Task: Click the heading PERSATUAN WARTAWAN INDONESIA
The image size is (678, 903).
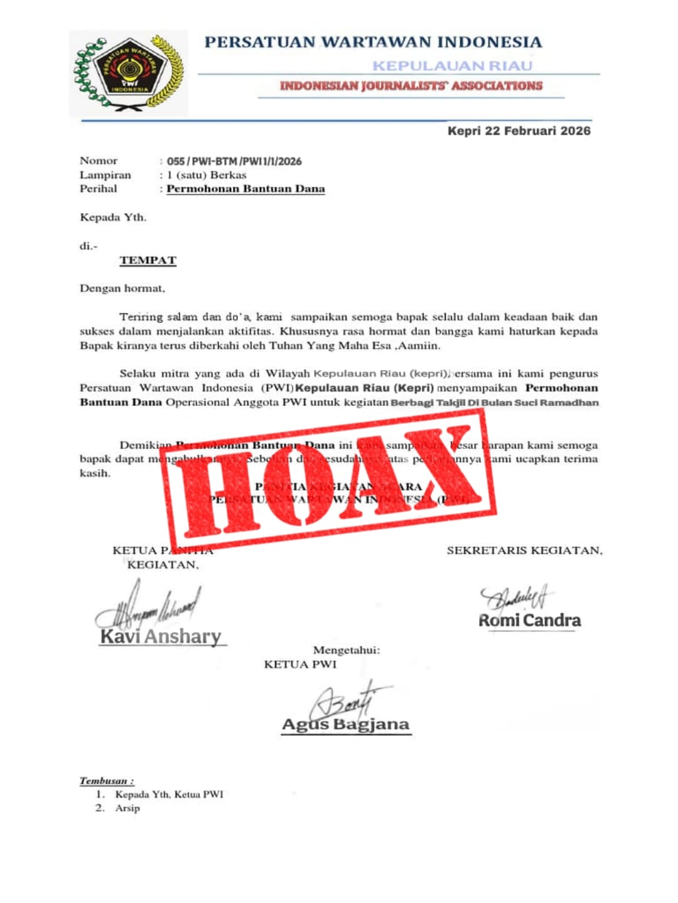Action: pyautogui.click(x=373, y=43)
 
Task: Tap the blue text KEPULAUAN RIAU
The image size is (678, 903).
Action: pyautogui.click(x=452, y=66)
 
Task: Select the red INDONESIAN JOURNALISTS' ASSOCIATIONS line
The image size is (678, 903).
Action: pyautogui.click(x=411, y=86)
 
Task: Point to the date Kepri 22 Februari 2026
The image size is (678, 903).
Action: pyautogui.click(x=519, y=131)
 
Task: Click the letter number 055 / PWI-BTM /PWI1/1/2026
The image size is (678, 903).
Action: pyautogui.click(x=234, y=161)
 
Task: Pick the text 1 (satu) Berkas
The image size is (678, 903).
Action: pyautogui.click(x=207, y=175)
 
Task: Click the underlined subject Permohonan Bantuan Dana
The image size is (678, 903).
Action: pyautogui.click(x=245, y=189)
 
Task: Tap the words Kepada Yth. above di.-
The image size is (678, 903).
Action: pyautogui.click(x=113, y=218)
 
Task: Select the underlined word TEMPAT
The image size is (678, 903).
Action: pyautogui.click(x=148, y=260)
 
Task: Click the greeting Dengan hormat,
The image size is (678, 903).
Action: pyautogui.click(x=122, y=288)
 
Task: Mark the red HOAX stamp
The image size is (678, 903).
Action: pyautogui.click(x=328, y=480)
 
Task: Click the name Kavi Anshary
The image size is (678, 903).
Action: pyautogui.click(x=161, y=636)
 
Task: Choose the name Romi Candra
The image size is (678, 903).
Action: pyautogui.click(x=530, y=621)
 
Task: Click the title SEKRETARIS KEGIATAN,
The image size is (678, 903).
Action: pyautogui.click(x=524, y=551)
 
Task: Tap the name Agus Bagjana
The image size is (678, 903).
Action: pyautogui.click(x=346, y=725)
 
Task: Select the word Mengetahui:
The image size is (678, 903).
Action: pyautogui.click(x=347, y=650)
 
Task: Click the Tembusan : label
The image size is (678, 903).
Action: pyautogui.click(x=107, y=781)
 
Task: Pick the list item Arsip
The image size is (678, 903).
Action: pyautogui.click(x=127, y=808)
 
